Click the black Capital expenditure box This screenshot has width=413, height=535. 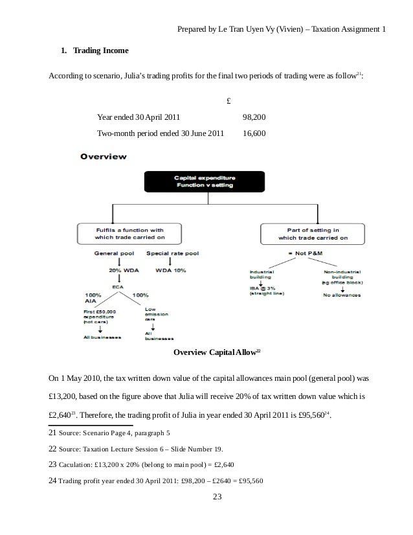pyautogui.click(x=204, y=181)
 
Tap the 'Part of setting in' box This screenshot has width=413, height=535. pyautogui.click(x=313, y=233)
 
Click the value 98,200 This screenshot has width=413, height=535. pyautogui.click(x=254, y=117)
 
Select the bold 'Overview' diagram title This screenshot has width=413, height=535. pyautogui.click(x=103, y=156)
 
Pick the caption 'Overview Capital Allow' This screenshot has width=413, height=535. pyautogui.click(x=216, y=352)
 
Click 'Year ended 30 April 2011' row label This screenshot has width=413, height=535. pyautogui.click(x=138, y=117)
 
